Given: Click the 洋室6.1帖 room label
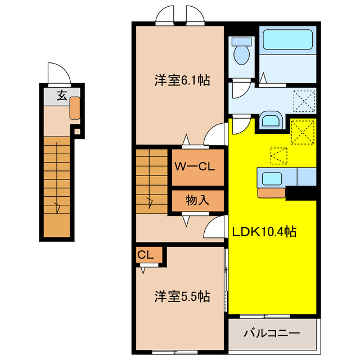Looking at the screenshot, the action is [182, 80].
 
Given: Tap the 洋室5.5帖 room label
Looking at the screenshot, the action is [182, 296].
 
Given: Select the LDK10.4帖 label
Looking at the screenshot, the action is [264, 231].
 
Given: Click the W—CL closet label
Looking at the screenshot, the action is [195, 167].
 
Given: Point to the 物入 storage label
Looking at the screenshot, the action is [197, 200].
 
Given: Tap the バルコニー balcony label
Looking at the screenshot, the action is [272, 333].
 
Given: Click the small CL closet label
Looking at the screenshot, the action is [145, 255].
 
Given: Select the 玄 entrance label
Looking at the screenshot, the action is [62, 95].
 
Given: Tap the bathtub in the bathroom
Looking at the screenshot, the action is [287, 40].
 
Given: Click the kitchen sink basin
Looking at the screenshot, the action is [272, 178].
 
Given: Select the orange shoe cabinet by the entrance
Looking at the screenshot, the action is [75, 108].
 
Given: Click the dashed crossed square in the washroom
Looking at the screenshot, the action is [304, 101].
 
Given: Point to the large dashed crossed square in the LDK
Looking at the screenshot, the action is [303, 132].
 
